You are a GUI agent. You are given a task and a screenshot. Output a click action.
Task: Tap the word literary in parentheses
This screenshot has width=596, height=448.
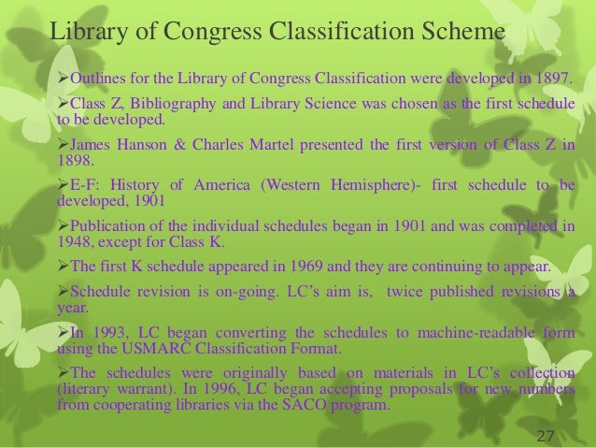pos(86,392)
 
